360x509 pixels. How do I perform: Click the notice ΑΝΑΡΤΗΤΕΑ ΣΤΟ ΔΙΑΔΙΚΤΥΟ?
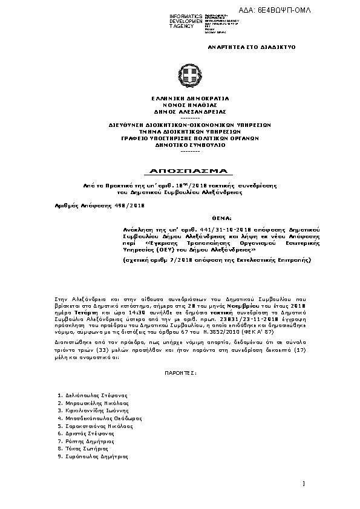[252, 47]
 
